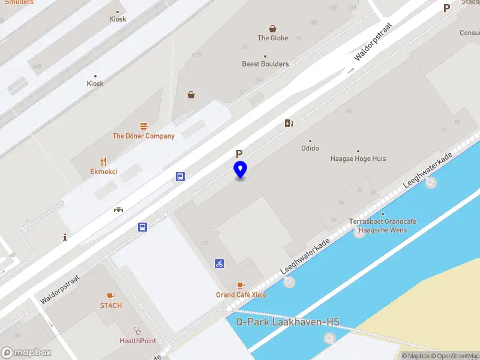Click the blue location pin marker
[240, 169]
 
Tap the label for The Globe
[273, 38]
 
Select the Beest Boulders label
[265, 64]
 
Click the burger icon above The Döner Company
[143, 126]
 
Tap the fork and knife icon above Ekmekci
[103, 161]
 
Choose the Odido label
[310, 148]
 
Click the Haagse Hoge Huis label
[358, 159]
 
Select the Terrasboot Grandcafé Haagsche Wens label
[383, 226]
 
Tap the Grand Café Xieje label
[241, 295]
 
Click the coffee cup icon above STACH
[110, 296]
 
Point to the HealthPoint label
[137, 341]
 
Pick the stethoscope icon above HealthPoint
[137, 330]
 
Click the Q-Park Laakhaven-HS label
[287, 322]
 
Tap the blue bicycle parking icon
[220, 263]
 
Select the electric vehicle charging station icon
[289, 124]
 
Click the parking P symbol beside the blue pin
[239, 154]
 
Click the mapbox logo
[26, 352]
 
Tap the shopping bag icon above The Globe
[273, 28]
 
